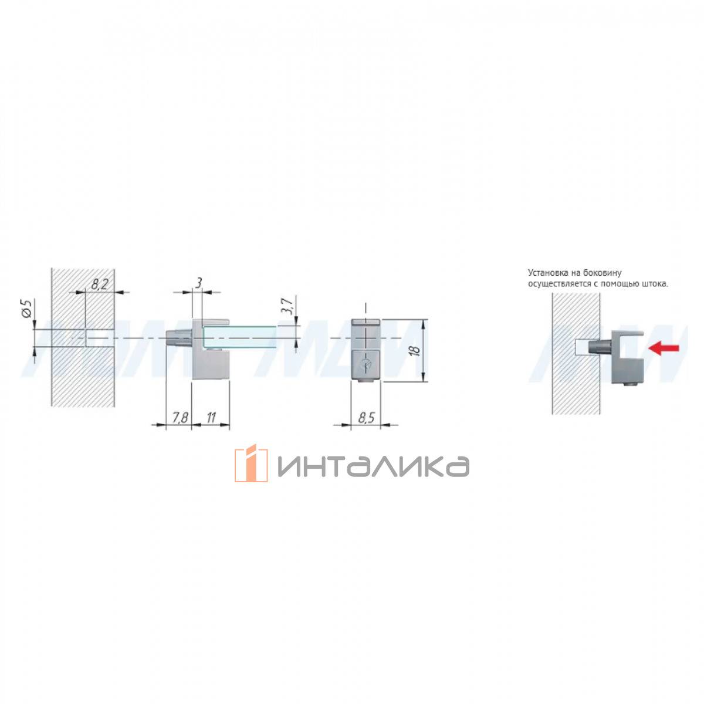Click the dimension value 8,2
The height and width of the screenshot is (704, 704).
(x=99, y=284)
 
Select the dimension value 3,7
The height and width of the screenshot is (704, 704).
(x=287, y=306)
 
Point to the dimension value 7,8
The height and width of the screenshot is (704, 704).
(x=180, y=418)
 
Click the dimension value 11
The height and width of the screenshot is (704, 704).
(x=211, y=418)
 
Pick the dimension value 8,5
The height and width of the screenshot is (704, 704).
(x=365, y=418)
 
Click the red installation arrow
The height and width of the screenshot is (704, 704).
(x=664, y=348)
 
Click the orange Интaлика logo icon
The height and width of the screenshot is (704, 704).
(x=251, y=463)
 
